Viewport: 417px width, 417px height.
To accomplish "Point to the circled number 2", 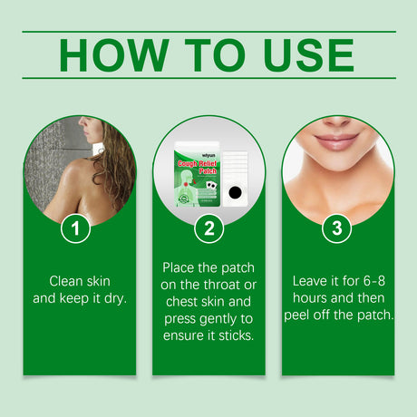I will (x=208, y=229).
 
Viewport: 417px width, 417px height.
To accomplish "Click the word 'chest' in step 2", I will (x=181, y=303).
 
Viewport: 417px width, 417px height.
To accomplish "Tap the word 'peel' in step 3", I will (x=305, y=316).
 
